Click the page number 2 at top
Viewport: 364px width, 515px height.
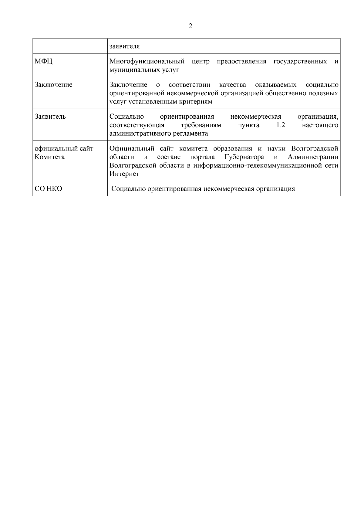(x=190, y=26)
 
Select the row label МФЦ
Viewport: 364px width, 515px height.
(x=43, y=62)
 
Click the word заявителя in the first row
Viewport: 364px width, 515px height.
(x=124, y=46)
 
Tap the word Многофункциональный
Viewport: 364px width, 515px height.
(x=147, y=62)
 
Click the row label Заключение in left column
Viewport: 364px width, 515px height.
(x=53, y=85)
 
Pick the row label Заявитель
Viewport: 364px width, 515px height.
(x=50, y=117)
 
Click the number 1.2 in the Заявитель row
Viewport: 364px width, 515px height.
(x=281, y=125)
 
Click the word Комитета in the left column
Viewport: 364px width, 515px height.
(x=49, y=157)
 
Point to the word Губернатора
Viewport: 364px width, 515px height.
(x=244, y=157)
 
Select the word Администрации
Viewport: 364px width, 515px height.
(x=313, y=157)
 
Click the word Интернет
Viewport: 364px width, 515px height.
(x=124, y=174)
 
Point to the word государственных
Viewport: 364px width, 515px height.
(x=300, y=62)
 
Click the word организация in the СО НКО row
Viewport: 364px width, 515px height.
(x=275, y=189)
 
